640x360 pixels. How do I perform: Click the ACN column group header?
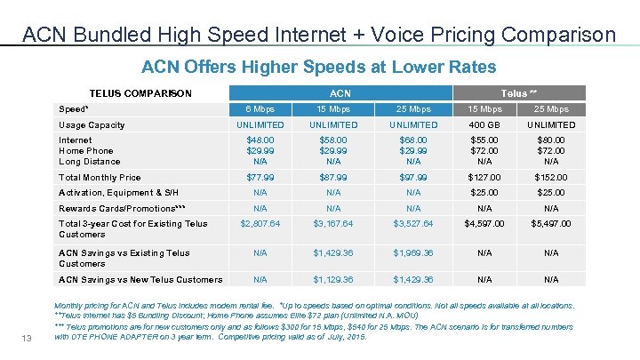[x=340, y=93]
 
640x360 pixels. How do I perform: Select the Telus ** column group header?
[x=518, y=93]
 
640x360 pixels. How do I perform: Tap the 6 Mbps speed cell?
[x=260, y=109]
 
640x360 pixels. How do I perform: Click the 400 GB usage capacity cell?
[x=484, y=125]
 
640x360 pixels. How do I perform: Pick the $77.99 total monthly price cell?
[x=260, y=178]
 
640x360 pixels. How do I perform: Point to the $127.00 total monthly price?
[x=484, y=178]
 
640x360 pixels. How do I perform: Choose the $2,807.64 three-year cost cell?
[x=260, y=224]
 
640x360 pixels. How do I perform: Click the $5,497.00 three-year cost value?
[x=551, y=224]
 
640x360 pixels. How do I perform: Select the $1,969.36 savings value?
[x=413, y=253]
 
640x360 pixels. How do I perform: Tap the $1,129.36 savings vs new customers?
[x=333, y=280]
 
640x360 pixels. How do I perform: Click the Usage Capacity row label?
[x=92, y=125]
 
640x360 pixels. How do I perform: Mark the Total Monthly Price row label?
[x=100, y=178]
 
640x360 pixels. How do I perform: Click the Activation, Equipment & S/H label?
[x=118, y=192]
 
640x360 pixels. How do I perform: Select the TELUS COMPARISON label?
[x=140, y=93]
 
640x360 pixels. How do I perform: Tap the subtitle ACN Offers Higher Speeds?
[x=319, y=67]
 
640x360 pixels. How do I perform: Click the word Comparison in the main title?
[x=558, y=36]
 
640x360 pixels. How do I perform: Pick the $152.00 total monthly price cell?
[x=551, y=178]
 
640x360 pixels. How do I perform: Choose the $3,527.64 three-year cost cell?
[x=413, y=224]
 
